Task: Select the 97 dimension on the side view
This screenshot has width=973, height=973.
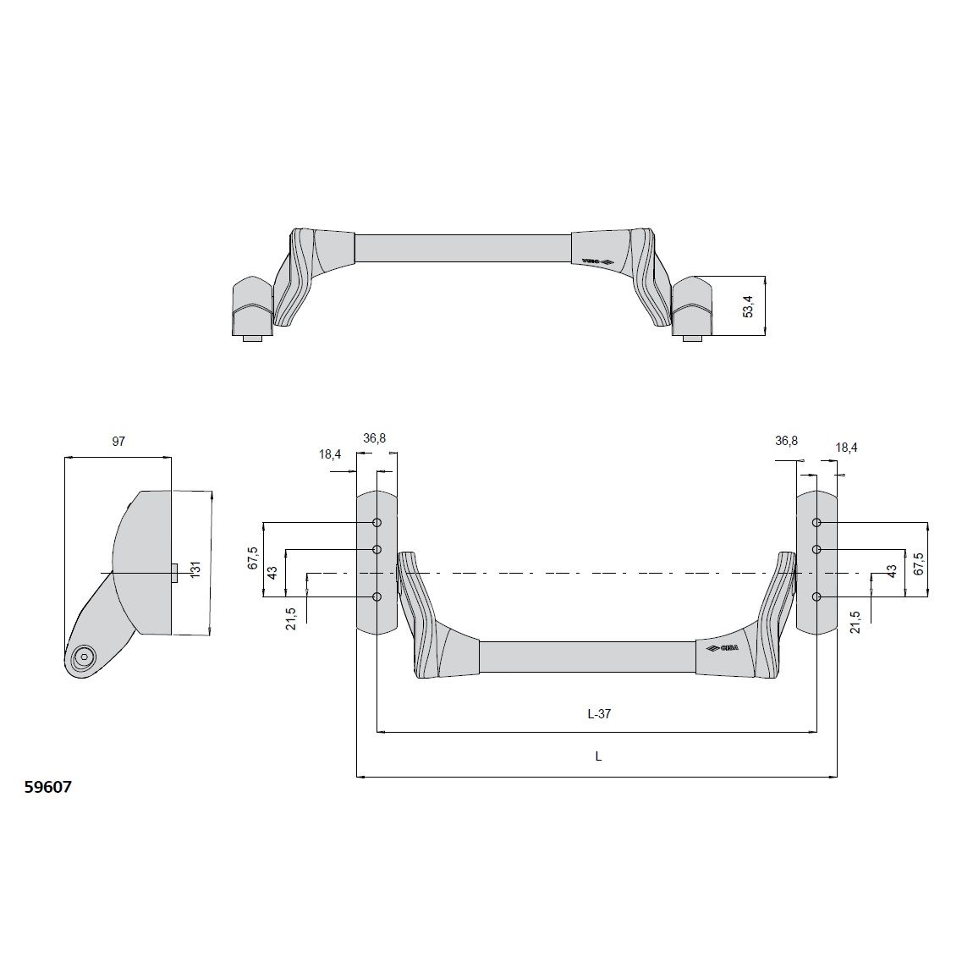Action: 118,442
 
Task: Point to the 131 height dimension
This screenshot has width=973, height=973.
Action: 195,569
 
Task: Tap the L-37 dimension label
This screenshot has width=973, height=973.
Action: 598,714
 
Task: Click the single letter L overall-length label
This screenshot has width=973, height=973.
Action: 598,757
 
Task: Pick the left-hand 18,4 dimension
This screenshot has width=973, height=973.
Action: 330,454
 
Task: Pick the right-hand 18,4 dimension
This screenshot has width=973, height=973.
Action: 846,448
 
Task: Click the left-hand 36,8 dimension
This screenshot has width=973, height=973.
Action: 375,438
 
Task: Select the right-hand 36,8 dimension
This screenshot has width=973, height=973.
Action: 786,441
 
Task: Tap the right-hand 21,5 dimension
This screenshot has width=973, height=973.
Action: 856,622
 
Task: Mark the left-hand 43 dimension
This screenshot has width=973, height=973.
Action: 272,572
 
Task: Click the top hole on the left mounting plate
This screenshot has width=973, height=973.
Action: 377,523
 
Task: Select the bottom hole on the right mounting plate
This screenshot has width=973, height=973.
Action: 816,597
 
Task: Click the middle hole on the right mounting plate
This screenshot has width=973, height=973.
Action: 816,550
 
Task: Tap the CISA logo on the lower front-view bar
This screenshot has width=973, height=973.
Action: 722,649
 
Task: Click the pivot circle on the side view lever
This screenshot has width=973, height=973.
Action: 84,657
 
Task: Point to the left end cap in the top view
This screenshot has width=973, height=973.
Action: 250,306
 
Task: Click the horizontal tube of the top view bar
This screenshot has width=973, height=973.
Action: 462,248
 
